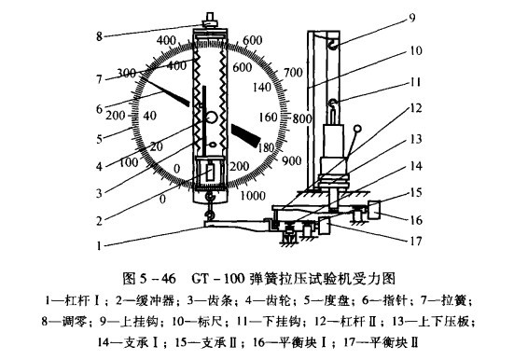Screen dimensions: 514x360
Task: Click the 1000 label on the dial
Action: (x=253, y=196)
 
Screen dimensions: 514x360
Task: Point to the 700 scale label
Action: (x=293, y=72)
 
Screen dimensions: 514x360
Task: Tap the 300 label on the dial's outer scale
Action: (x=127, y=73)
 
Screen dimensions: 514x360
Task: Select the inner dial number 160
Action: (x=268, y=118)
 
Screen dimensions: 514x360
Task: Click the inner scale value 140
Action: (x=262, y=88)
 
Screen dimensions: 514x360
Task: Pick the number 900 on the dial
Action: (x=291, y=160)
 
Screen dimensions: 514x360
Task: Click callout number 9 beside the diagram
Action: (x=412, y=17)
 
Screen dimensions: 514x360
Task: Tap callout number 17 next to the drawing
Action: (x=416, y=242)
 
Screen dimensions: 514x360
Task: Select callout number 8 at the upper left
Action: (x=99, y=36)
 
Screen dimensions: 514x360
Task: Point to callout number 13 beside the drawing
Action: (x=416, y=139)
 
